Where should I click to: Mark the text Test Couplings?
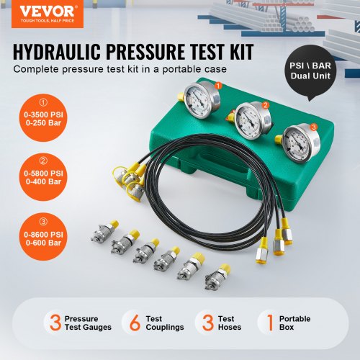point(164,323)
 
